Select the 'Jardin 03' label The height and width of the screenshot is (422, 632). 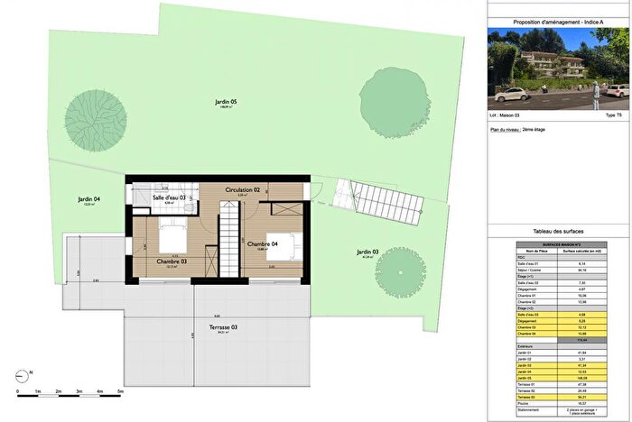pyautogui.click(x=367, y=252)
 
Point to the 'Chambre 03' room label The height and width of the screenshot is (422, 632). pyautogui.click(x=171, y=261)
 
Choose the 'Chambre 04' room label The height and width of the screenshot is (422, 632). pyautogui.click(x=263, y=243)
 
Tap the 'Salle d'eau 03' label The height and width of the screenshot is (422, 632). pyautogui.click(x=169, y=197)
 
